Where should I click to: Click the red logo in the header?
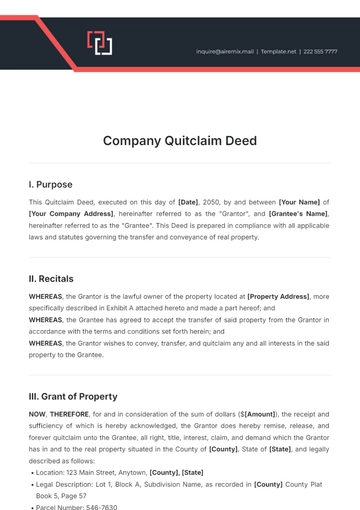coord(98,43)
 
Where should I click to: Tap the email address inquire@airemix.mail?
coord(225,51)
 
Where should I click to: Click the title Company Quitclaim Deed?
coord(180,141)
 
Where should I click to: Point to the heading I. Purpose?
coord(52,184)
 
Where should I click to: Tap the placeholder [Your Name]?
coord(300,201)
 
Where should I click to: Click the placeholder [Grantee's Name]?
coord(296,214)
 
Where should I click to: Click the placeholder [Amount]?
coord(258,414)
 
